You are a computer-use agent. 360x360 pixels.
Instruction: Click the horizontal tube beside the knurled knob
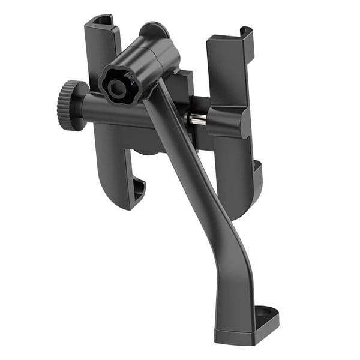(x=114, y=114)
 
